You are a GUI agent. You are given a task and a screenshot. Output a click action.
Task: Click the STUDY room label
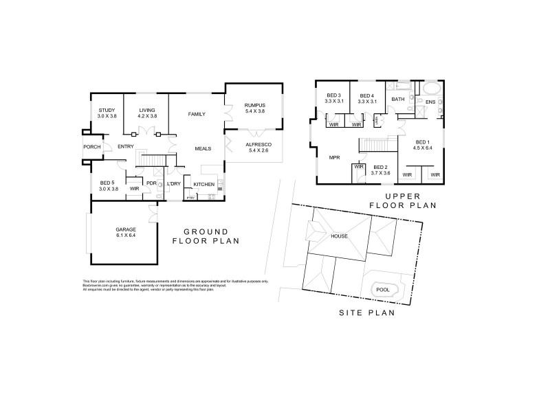tap(107, 111)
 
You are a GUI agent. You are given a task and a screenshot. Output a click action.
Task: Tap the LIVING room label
tap(148, 111)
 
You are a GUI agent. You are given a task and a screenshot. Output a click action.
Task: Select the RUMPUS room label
tap(254, 105)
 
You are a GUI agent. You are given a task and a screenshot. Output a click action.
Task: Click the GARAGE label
tap(125, 230)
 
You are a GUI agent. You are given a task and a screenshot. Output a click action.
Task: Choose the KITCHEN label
tap(204, 185)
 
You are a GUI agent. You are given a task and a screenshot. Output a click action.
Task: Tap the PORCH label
tap(92, 147)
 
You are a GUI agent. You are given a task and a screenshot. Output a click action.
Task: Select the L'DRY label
tap(174, 185)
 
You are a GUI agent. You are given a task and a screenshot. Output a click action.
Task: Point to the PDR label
tap(151, 183)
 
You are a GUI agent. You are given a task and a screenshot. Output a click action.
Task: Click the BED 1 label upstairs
tap(421, 141)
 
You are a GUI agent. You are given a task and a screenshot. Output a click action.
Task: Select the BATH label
tap(398, 100)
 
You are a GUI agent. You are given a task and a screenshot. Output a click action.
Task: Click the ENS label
tap(430, 102)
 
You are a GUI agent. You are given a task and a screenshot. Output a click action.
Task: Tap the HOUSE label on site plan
tap(339, 236)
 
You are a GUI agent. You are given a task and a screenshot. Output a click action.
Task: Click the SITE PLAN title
tap(367, 313)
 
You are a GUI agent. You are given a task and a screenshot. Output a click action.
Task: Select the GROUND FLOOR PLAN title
tap(205, 236)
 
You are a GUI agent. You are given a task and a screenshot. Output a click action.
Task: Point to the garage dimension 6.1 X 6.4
tap(125, 236)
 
